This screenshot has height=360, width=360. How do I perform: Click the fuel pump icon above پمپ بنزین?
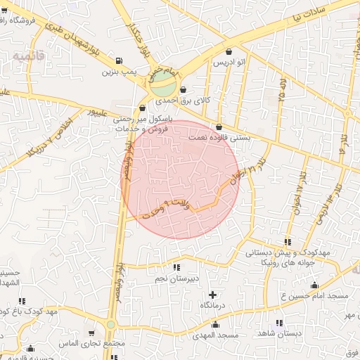tap(117, 61)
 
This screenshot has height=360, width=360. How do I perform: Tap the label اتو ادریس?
tap(230, 63)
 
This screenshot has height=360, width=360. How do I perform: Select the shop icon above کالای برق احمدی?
tap(184, 90)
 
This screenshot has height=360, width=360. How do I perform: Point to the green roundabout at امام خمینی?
tap(162, 86)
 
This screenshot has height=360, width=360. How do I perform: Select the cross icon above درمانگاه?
tap(213, 294)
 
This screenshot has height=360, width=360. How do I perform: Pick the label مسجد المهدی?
tap(215, 335)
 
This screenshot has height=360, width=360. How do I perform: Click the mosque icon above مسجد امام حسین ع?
tap(314, 285)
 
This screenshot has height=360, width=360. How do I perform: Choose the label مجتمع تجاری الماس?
tap(94, 343)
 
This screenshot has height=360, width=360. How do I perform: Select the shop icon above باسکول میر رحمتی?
tap(143, 108)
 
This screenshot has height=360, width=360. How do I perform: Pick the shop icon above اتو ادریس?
tap(229, 51)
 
